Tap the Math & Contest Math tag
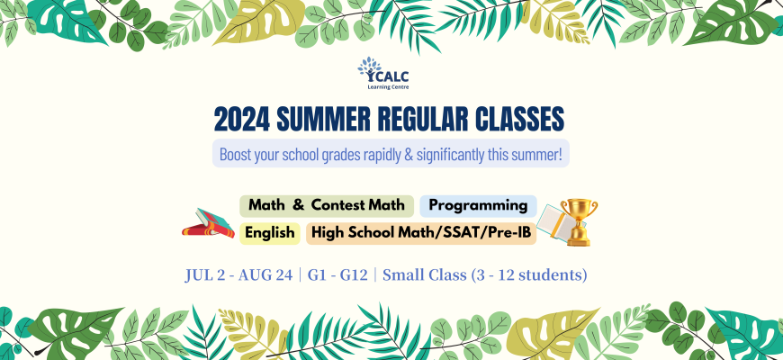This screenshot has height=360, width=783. point(327,206)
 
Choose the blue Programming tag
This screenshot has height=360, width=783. point(479,206)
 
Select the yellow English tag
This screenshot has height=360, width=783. point(270,234)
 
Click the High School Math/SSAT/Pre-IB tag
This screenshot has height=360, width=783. point(421,234)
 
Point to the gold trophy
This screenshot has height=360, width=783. point(579,221)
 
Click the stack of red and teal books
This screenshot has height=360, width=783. point(208,223)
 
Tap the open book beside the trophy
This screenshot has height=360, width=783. point(553,223)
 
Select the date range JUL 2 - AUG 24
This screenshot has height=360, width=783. point(238,275)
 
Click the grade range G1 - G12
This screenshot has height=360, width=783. point(337,275)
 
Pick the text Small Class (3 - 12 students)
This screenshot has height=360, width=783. point(484,276)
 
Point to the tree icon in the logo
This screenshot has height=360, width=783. point(369,69)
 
